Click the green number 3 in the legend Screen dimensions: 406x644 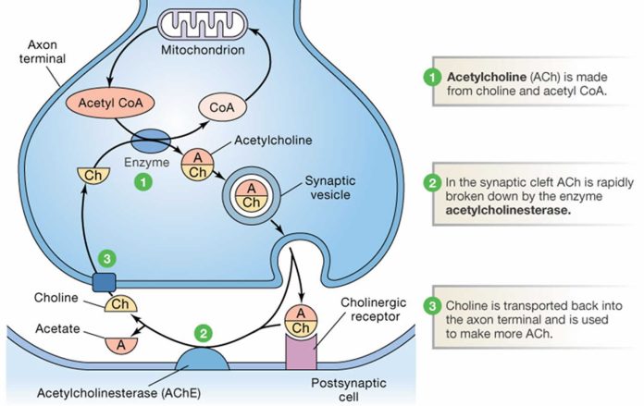(431, 306)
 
